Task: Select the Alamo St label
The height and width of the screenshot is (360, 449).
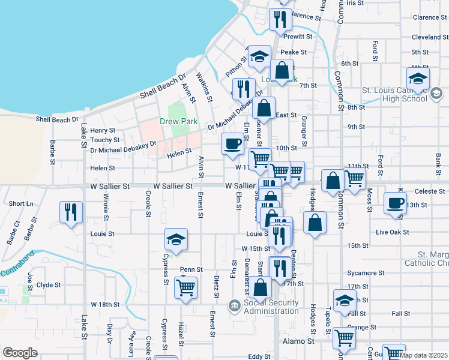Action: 298,341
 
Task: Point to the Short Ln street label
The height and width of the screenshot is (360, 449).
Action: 21,204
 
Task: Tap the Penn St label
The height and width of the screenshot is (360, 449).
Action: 191,270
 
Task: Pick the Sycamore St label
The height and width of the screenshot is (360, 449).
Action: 366,272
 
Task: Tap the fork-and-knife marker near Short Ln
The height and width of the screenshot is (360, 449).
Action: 71,212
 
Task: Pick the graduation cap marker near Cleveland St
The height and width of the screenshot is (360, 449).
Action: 418,78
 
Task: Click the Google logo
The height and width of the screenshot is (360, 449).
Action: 20,353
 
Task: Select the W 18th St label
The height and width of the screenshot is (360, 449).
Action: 105,305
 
